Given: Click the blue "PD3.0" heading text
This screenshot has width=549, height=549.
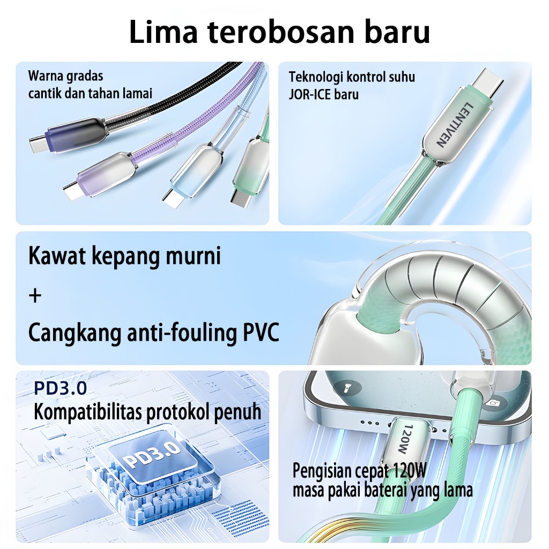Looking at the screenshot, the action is [60, 388].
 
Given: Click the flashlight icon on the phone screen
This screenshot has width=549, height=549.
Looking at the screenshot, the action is [346, 388].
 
